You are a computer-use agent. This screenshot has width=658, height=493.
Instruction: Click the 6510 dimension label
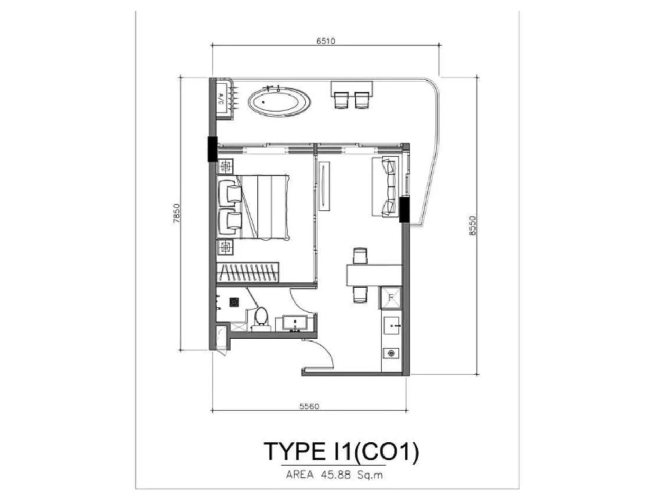(x=326, y=41)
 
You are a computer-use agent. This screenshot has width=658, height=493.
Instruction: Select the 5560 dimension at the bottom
(x=309, y=406)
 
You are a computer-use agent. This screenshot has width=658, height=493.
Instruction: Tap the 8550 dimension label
(x=473, y=225)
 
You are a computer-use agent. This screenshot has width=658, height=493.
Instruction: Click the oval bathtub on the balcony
(x=280, y=102)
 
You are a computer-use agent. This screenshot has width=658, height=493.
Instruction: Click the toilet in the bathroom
(x=261, y=318)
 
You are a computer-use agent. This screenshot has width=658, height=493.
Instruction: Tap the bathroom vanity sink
(x=295, y=324)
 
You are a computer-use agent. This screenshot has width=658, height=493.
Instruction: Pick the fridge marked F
(x=391, y=297)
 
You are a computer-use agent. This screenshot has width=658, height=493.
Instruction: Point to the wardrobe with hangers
(x=248, y=272)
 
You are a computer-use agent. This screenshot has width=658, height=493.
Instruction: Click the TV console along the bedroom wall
(x=324, y=186)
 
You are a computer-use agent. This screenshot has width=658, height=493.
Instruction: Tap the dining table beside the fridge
(x=372, y=274)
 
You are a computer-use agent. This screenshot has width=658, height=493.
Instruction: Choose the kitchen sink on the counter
(x=392, y=326)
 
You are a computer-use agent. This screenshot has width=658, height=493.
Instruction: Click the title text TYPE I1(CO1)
(x=341, y=451)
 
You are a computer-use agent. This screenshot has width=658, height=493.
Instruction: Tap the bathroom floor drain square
(x=234, y=302)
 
